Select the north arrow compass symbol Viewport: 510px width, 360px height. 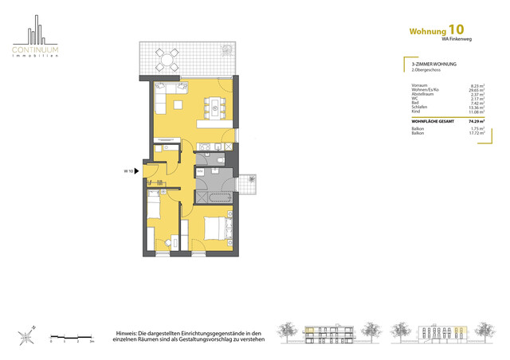click(x=28, y=335)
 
